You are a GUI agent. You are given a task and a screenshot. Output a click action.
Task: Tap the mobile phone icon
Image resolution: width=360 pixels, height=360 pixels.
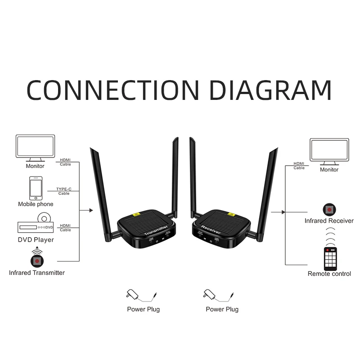pyautogui.click(x=36, y=188)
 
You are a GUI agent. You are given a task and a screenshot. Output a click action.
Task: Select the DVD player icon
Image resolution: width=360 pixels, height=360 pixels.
pyautogui.click(x=36, y=225)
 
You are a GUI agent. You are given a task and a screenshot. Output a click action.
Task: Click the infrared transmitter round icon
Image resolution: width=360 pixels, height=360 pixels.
pyautogui.click(x=36, y=260)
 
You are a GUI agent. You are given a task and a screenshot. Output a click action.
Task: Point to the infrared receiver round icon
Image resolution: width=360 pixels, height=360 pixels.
pyautogui.click(x=329, y=209)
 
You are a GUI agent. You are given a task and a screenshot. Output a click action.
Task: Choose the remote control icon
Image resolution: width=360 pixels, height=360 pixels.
pyautogui.click(x=330, y=258)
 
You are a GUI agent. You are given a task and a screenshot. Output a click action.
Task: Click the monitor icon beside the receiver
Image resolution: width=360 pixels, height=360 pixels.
pyautogui.click(x=329, y=152)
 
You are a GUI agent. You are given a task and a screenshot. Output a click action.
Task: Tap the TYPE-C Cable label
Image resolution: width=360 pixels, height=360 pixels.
pyautogui.click(x=64, y=191)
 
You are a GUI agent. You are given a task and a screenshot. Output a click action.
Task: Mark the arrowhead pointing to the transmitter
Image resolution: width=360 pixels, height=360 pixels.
pyautogui.click(x=92, y=210)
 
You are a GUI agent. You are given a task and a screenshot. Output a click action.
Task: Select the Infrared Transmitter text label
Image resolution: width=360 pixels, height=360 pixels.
pyautogui.click(x=37, y=273)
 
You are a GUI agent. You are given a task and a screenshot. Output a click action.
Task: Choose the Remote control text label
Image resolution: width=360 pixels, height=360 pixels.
pyautogui.click(x=329, y=274)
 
